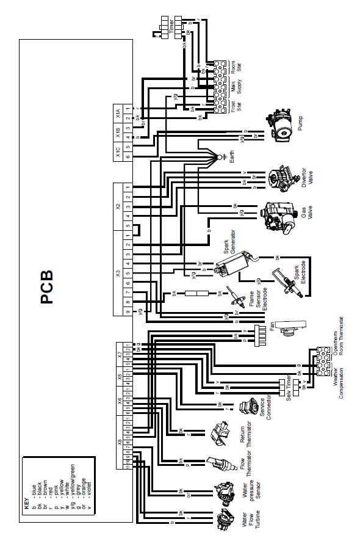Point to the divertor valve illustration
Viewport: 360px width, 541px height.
(282, 177)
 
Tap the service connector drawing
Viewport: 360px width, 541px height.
(250, 408)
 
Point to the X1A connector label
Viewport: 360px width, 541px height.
(118, 114)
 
